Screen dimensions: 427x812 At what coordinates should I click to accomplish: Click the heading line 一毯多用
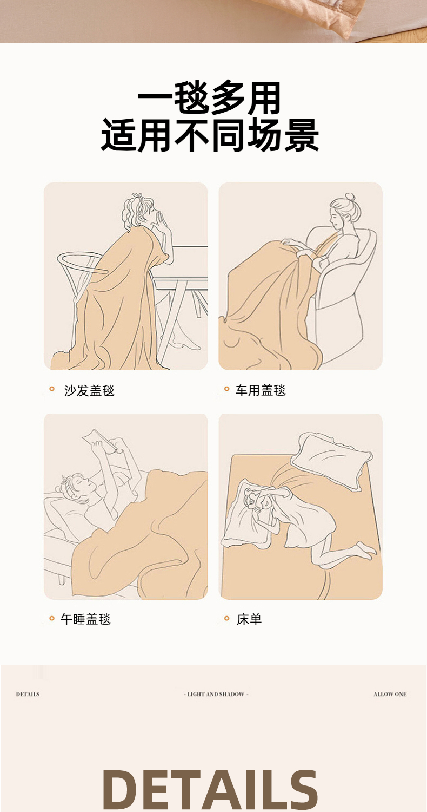click(x=209, y=98)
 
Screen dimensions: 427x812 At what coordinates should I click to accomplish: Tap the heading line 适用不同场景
click(x=210, y=135)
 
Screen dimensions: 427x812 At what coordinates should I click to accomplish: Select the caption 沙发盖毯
click(x=89, y=391)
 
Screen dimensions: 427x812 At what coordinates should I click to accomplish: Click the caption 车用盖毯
click(x=261, y=390)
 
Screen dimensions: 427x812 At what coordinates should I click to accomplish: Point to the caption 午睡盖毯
click(x=85, y=619)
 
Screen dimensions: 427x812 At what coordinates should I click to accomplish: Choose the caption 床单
click(x=249, y=619)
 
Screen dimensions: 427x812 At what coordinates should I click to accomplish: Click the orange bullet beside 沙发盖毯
click(x=52, y=389)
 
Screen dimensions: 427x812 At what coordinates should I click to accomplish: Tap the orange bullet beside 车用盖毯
click(x=227, y=389)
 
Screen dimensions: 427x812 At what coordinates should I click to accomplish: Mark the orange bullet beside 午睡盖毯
click(x=52, y=618)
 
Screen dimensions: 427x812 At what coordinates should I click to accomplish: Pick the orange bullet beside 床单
click(x=227, y=618)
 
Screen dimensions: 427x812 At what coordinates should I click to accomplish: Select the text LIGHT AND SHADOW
click(x=216, y=694)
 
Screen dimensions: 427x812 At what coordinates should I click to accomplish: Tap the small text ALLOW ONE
click(x=390, y=694)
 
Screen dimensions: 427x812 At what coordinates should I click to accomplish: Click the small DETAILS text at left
click(x=28, y=694)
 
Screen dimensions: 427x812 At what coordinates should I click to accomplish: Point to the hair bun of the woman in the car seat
click(x=350, y=197)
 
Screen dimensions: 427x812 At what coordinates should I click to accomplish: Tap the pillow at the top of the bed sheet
click(x=331, y=460)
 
